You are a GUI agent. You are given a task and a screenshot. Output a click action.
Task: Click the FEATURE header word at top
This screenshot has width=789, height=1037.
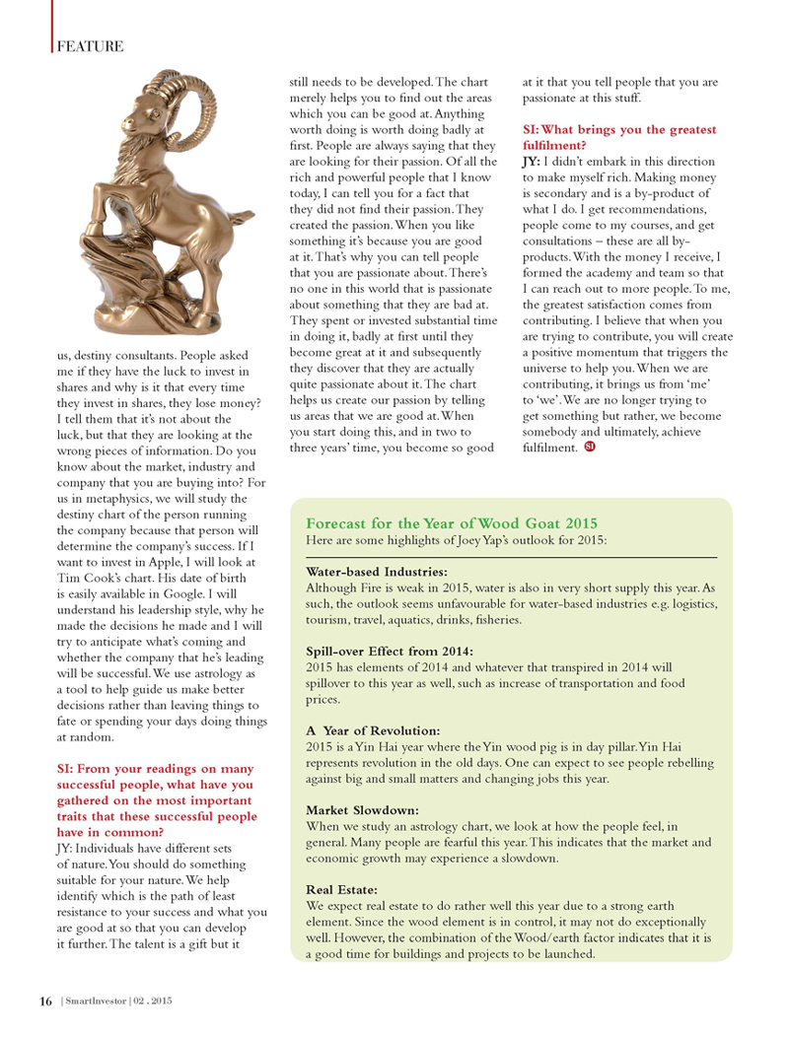click(90, 46)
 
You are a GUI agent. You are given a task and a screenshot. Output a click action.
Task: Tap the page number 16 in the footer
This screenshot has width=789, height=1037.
click(45, 1002)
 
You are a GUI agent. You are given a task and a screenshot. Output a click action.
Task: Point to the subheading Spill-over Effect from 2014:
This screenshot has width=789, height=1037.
click(390, 652)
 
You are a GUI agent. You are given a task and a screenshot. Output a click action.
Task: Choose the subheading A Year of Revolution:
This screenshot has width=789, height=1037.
click(373, 730)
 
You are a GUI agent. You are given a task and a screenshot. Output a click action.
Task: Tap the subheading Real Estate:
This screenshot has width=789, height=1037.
click(342, 890)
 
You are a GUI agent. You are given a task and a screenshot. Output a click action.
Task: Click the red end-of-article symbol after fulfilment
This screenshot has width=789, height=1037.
click(589, 449)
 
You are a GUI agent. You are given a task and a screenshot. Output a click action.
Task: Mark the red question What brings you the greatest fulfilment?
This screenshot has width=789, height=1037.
click(618, 138)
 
